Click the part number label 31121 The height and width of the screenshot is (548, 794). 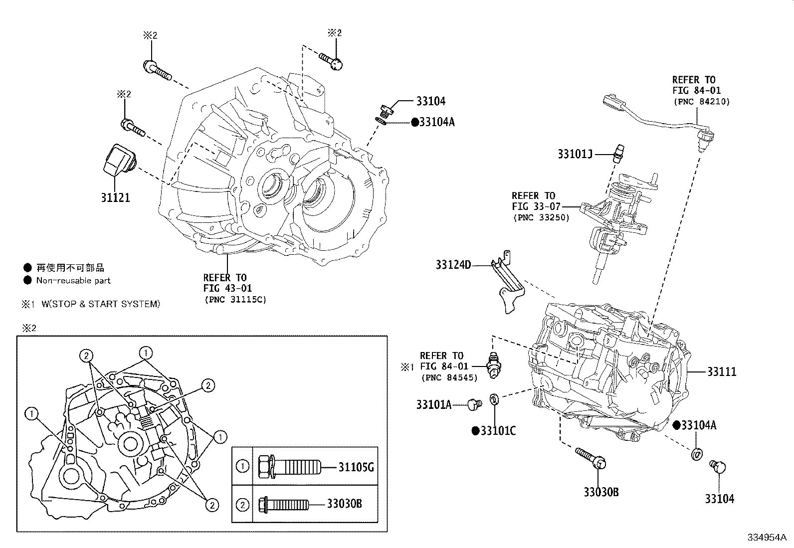point(115,198)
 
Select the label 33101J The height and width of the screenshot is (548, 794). point(575,154)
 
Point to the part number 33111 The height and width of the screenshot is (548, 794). point(721,372)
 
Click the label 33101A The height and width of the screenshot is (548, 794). point(433,405)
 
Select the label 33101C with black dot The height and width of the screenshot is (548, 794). point(494,431)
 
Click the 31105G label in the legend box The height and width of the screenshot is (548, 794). point(356,467)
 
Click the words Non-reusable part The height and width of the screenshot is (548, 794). point(73,281)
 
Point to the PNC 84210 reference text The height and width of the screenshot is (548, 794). point(701,102)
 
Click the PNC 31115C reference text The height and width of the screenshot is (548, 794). point(235,299)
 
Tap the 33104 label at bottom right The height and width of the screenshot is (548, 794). point(719,499)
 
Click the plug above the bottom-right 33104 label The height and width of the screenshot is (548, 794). point(718,467)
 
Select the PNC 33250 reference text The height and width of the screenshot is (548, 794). point(541,217)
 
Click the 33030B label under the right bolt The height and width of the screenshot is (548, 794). point(601,492)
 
